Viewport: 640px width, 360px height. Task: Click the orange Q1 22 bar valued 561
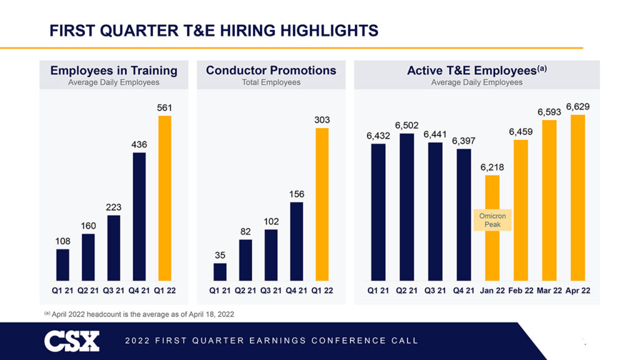pos(164,198)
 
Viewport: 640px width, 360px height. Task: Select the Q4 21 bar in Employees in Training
pos(139,216)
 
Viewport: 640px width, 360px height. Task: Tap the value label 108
pos(62,240)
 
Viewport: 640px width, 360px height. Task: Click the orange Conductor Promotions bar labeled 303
pos(322,204)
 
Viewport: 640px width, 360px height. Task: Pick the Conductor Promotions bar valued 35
pos(220,272)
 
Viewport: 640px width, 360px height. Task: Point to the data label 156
pos(296,194)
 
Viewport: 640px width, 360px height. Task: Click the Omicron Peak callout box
pos(492,220)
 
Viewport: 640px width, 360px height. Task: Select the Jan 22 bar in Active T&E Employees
pos(492,250)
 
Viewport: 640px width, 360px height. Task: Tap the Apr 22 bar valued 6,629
pos(577,197)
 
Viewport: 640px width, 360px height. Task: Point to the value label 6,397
pos(464,141)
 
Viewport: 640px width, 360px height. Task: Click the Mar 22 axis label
pos(549,291)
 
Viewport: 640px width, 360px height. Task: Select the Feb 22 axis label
pos(520,291)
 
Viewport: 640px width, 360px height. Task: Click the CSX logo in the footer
pos(72,341)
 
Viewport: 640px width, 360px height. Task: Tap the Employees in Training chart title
pos(114,70)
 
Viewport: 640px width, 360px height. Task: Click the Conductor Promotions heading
pos(271,70)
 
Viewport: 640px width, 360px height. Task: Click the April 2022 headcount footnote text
pos(142,314)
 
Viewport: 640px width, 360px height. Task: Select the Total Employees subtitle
pos(271,82)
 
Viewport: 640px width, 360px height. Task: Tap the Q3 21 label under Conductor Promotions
pos(271,291)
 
